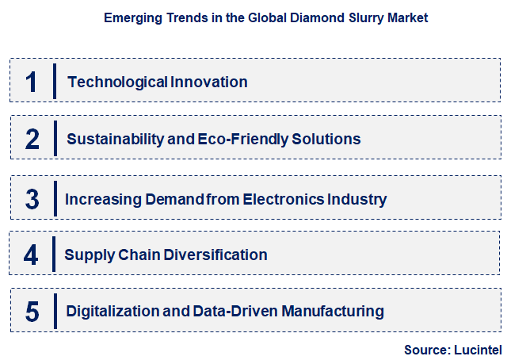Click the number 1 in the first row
[x=32, y=82]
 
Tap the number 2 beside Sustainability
[x=32, y=140]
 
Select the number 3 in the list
[x=32, y=197]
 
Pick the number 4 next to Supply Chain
[x=32, y=255]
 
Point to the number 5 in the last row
[x=32, y=312]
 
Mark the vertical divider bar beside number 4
[x=54, y=255]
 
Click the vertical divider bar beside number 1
[x=54, y=82]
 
